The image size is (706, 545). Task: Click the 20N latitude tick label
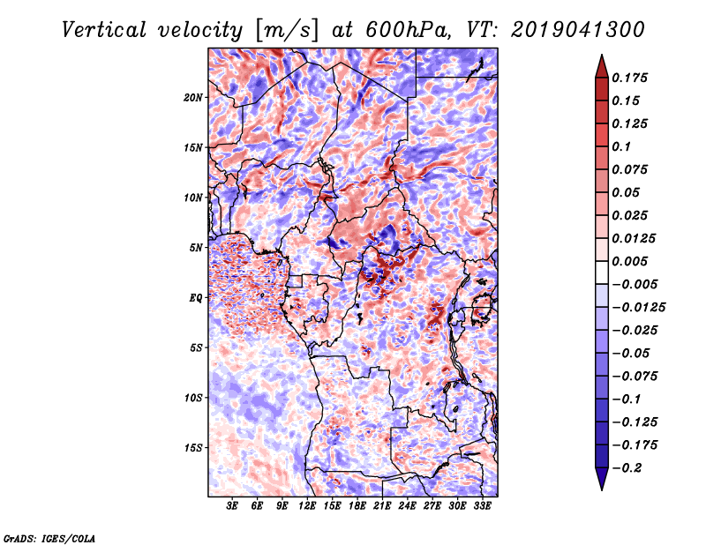tap(193, 97)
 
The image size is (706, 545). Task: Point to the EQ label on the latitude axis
tap(195, 298)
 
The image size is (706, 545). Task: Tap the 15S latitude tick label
tap(193, 448)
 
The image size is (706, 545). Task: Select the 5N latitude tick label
tap(196, 248)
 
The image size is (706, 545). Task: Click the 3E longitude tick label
tap(232, 505)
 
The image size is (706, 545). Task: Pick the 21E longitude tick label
tap(382, 505)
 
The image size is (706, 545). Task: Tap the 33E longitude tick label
tap(482, 505)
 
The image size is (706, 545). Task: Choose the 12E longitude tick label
tap(307, 505)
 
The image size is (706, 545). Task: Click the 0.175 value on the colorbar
tap(629, 78)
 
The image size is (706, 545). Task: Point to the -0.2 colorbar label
tap(627, 468)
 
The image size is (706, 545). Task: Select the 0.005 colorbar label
tap(629, 261)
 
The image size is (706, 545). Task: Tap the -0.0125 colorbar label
tap(638, 308)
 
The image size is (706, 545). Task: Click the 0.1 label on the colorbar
tap(621, 146)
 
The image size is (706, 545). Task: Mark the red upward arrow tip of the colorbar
tap(602, 55)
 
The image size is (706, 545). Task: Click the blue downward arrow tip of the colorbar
tap(602, 489)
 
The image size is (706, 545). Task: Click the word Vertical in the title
tap(103, 30)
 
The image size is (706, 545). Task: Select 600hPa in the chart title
tap(408, 30)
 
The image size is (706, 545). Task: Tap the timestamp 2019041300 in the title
tap(578, 30)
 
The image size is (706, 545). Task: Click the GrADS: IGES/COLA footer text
tap(49, 538)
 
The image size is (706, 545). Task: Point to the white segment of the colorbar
tap(602, 272)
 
